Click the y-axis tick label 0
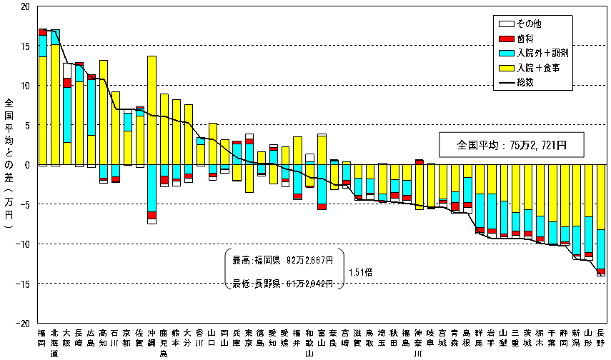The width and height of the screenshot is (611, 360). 26,165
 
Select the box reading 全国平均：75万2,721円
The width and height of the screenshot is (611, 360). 511,145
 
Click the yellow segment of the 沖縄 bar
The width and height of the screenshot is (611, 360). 151,107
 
